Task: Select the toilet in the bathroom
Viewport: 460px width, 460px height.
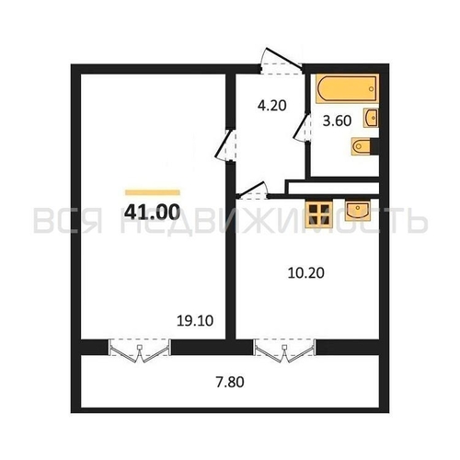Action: pos(362,146)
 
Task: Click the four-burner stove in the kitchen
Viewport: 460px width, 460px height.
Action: pos(319,213)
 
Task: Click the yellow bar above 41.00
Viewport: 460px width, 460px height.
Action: pos(151,191)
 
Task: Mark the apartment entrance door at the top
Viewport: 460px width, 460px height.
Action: pos(277,57)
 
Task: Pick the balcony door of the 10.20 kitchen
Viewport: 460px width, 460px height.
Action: pos(282,350)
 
